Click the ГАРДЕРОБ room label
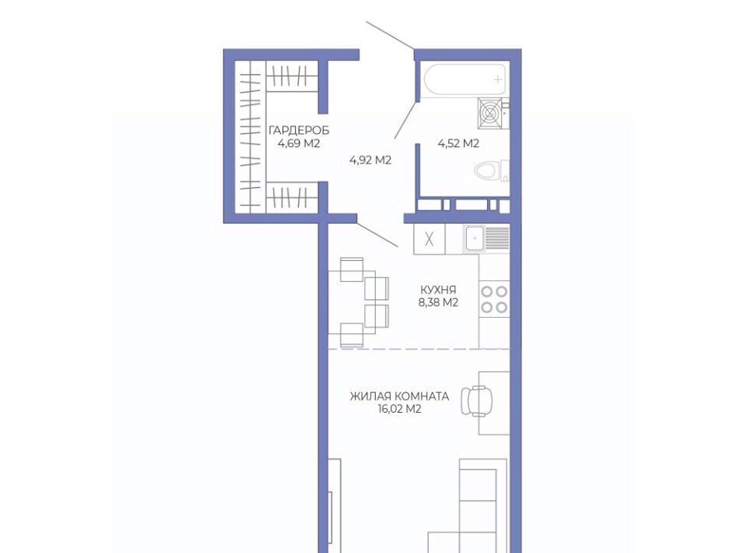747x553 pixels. (299, 130)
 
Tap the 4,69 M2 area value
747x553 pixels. (299, 143)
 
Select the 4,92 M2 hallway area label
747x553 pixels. (370, 160)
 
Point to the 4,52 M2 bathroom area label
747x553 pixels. (458, 143)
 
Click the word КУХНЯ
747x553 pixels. (438, 290)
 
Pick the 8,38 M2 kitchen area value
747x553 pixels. (438, 302)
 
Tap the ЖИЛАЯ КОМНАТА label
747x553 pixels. (399, 396)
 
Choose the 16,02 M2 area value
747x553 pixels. (399, 409)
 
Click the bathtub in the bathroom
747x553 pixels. (465, 79)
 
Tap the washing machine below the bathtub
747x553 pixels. (491, 114)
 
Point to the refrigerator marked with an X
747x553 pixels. (430, 239)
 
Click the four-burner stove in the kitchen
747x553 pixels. (494, 299)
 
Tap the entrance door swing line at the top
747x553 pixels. (390, 35)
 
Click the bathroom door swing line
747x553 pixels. (406, 120)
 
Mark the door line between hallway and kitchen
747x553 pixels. (377, 235)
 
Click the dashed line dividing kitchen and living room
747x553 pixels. (419, 349)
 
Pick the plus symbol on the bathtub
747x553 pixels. (498, 79)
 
